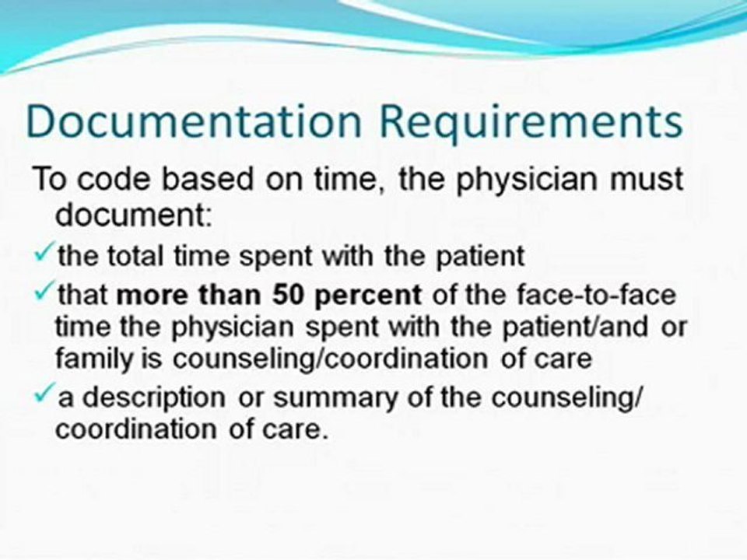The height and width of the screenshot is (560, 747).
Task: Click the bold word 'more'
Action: (x=156, y=296)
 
